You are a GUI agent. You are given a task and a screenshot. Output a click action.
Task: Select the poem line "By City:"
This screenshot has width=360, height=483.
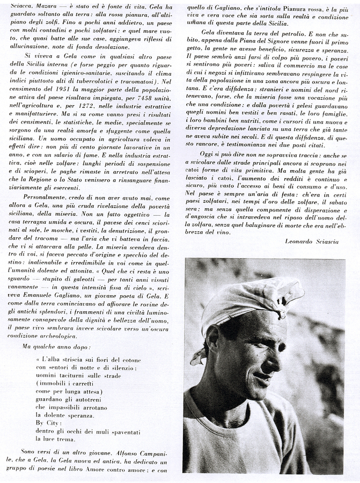click(x=47, y=423)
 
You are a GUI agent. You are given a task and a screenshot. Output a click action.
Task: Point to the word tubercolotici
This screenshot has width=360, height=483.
click(x=107, y=81)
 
